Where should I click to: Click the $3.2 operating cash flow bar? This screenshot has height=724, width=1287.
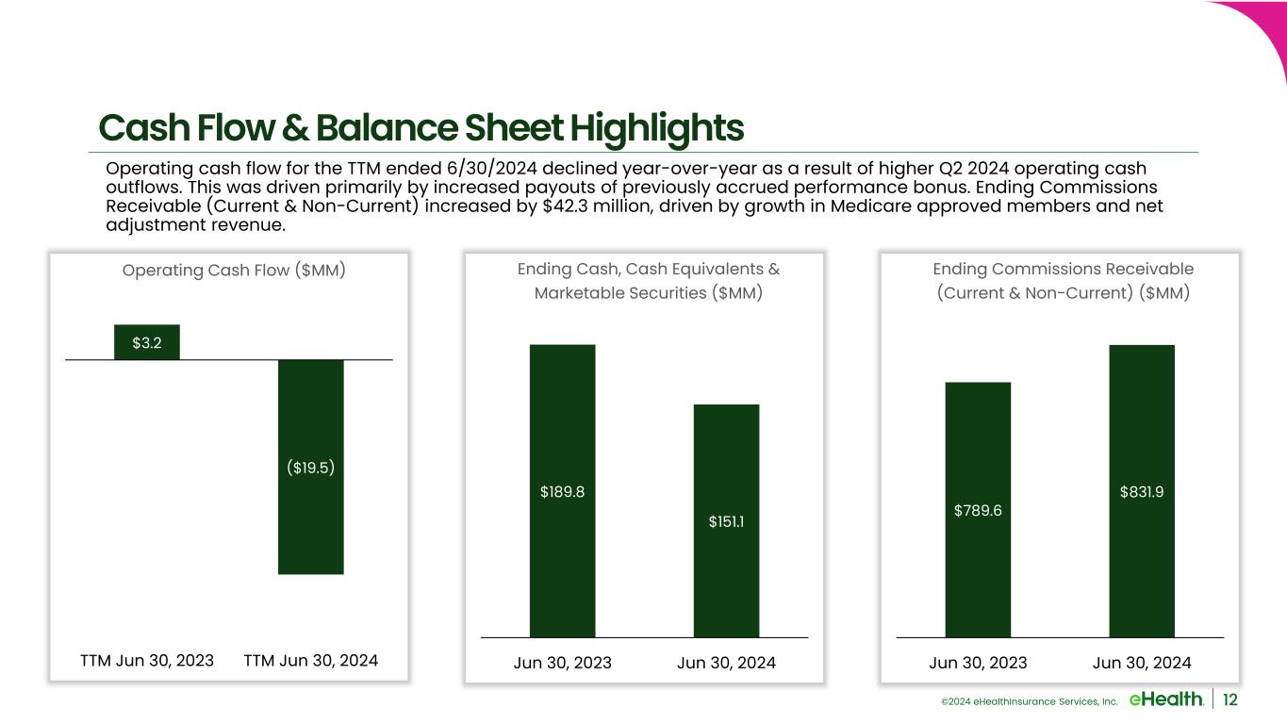pos(147,342)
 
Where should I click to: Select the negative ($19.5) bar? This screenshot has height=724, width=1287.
pos(311,467)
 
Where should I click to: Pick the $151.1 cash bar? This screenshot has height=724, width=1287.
pos(726,520)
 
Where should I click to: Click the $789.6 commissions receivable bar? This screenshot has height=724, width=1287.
pos(978,510)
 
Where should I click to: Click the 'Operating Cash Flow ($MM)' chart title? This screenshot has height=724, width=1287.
pos(234,271)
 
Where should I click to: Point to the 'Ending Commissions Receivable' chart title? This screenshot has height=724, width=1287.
pos(1063,270)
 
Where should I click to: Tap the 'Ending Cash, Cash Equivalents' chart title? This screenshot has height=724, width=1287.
pos(648,270)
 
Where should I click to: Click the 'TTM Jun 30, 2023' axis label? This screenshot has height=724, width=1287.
pos(147,661)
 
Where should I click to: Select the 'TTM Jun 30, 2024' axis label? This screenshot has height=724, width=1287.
pos(311,661)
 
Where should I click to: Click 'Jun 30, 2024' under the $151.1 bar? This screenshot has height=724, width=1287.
pos(726,663)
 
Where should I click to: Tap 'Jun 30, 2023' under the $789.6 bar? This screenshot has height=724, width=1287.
pos(978,663)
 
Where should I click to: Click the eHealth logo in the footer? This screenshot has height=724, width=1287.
pos(1165,699)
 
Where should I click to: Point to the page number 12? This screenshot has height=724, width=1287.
pos(1230,699)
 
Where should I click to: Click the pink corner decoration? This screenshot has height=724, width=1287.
pos(1259,28)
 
